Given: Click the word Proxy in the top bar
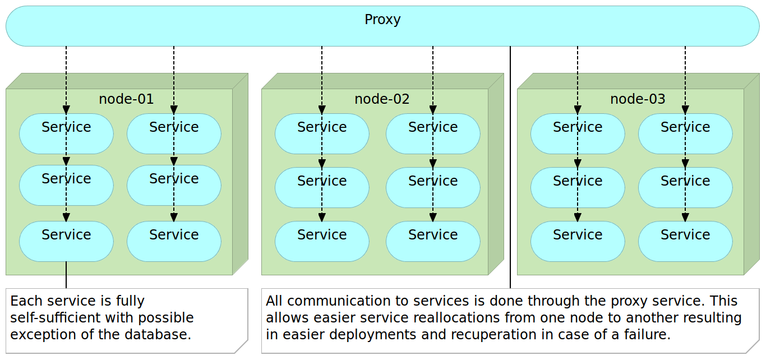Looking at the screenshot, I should point(382,20).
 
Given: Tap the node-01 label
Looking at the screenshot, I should point(126,99).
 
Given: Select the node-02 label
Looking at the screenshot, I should point(382,99).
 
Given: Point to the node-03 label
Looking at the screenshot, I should point(638,99).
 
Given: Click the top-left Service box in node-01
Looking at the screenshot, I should point(66,133).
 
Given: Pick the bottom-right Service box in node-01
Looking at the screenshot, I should point(174,241).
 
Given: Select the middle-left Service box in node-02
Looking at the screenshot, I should point(322,187).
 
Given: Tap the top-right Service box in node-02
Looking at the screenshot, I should point(433,133).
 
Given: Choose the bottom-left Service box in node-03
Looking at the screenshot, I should point(578,241).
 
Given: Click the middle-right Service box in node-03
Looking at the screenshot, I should point(685,187).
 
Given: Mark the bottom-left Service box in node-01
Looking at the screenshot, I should point(66,241).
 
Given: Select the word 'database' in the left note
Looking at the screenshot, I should point(159,335).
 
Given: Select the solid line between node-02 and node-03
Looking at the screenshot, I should point(510,168).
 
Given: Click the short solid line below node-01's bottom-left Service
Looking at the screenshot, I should point(66,275).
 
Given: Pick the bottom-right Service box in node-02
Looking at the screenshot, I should point(433,241).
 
